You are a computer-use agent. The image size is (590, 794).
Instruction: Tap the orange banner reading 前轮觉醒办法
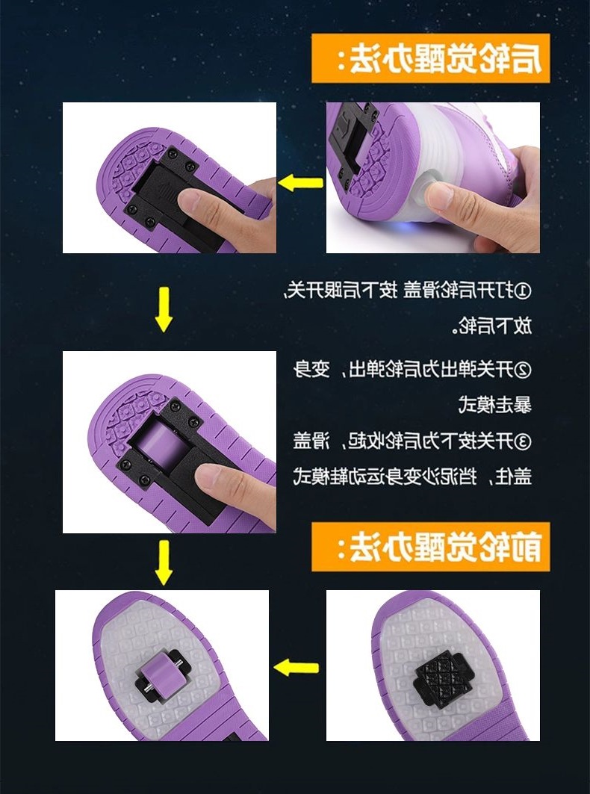click(430, 547)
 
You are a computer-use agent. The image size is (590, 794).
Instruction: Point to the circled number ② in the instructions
click(524, 369)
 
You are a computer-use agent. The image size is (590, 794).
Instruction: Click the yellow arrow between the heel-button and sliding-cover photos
click(301, 182)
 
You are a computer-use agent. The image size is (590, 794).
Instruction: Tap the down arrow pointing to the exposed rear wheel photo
click(164, 311)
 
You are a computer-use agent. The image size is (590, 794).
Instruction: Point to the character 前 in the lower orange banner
click(527, 547)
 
